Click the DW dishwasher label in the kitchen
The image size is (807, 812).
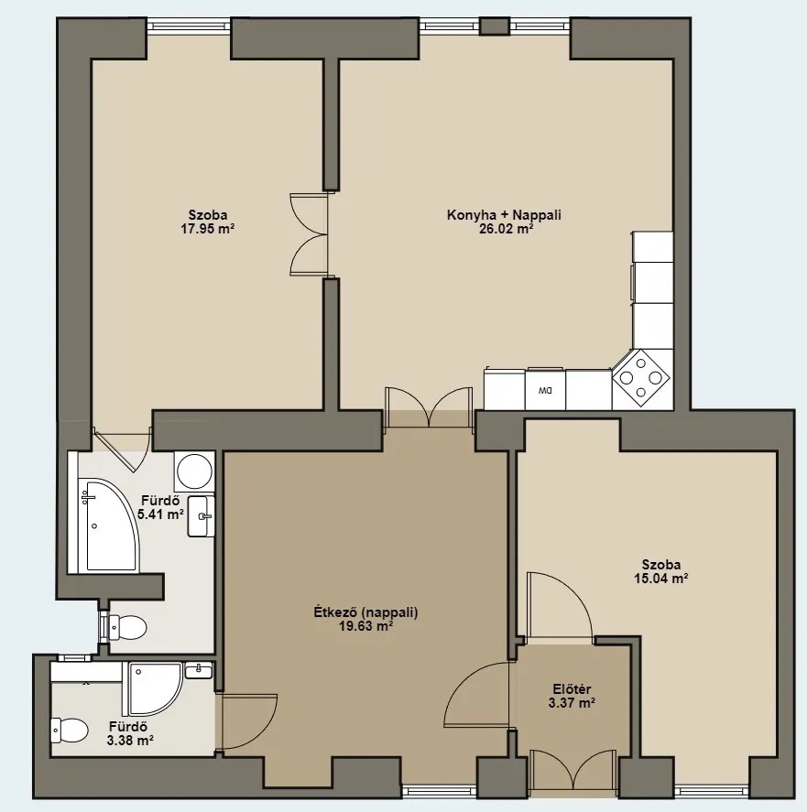tap(545, 390)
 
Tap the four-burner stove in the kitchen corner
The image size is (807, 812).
tap(640, 377)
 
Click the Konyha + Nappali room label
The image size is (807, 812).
tap(504, 215)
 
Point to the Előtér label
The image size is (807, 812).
tap(572, 689)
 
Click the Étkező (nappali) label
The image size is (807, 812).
tap(365, 612)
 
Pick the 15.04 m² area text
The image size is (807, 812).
tap(660, 579)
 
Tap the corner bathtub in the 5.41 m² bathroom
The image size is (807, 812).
tap(107, 525)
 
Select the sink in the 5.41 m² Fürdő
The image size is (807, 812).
tap(202, 515)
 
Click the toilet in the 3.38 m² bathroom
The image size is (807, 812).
tap(69, 730)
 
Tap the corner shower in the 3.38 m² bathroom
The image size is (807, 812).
tap(152, 688)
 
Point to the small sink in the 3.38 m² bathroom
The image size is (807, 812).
tap(199, 670)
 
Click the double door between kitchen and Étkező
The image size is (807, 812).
tap(430, 407)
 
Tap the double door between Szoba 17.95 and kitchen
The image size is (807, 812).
tap(310, 234)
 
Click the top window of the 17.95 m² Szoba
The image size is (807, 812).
tap(189, 26)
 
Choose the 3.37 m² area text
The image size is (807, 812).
tap(572, 703)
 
